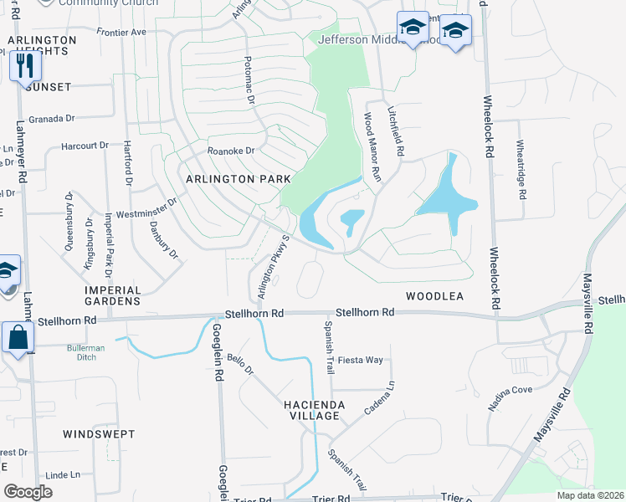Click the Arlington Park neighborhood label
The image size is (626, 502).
pyautogui.click(x=238, y=179)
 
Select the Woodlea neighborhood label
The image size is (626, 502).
pyautogui.click(x=434, y=296)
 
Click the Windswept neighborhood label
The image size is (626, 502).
pyautogui.click(x=92, y=434)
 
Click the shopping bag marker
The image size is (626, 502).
pyautogui.click(x=18, y=339)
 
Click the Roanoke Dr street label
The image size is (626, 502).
pyautogui.click(x=230, y=151)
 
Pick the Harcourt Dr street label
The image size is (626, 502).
pyautogui.click(x=85, y=146)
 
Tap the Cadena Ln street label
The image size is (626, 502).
pyautogui.click(x=378, y=401)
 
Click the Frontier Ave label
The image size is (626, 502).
pyautogui.click(x=121, y=32)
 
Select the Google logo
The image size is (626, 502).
pyautogui.click(x=28, y=492)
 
